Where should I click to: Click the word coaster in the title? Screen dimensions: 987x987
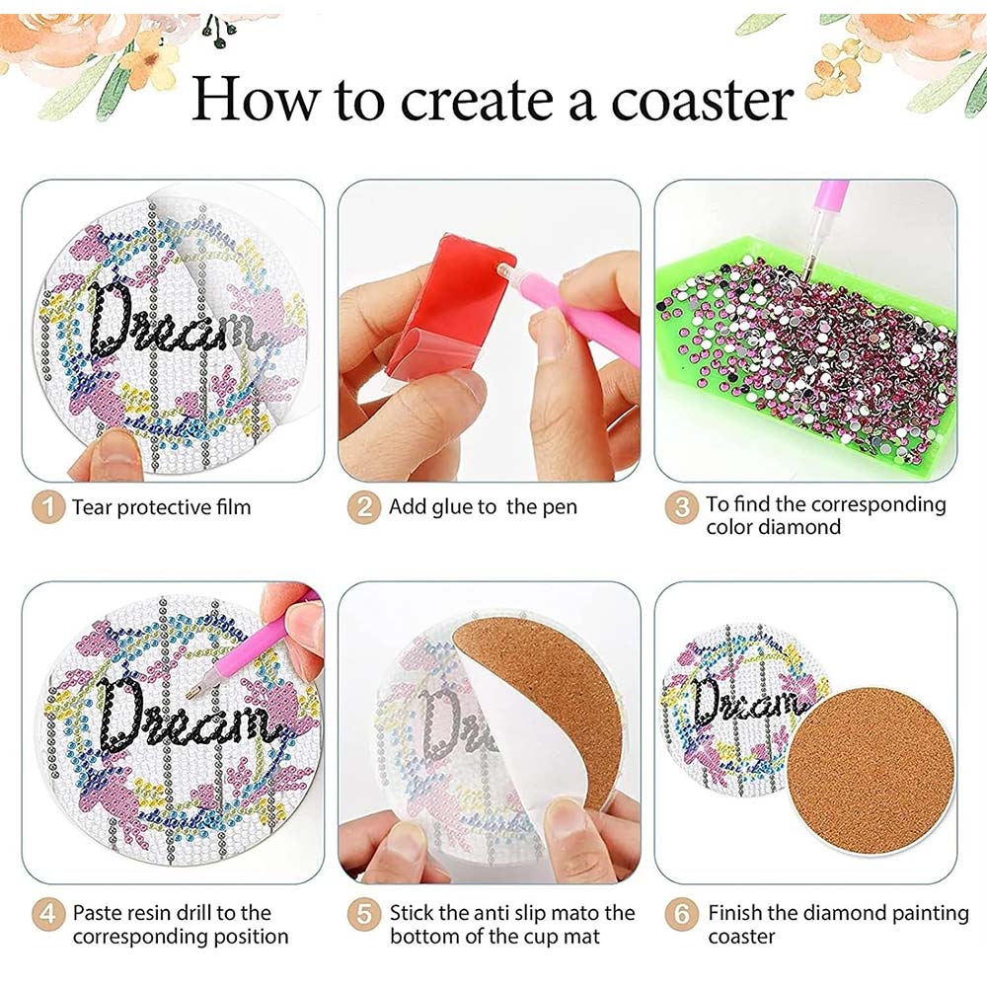point(701,100)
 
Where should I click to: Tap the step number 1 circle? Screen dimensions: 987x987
point(48,506)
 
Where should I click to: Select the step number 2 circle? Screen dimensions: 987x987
point(364,506)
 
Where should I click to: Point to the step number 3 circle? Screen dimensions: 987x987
point(682,506)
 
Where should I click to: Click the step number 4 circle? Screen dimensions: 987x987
point(48,913)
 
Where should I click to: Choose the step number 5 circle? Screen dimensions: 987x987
point(364,913)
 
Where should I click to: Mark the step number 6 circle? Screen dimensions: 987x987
point(682,913)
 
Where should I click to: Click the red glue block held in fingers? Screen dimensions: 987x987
point(447,302)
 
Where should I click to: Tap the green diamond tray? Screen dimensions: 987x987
point(805,352)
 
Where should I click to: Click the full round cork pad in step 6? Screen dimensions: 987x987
point(871,771)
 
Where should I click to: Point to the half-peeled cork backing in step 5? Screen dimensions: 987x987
point(548,705)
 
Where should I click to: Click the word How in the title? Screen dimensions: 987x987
point(256,99)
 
